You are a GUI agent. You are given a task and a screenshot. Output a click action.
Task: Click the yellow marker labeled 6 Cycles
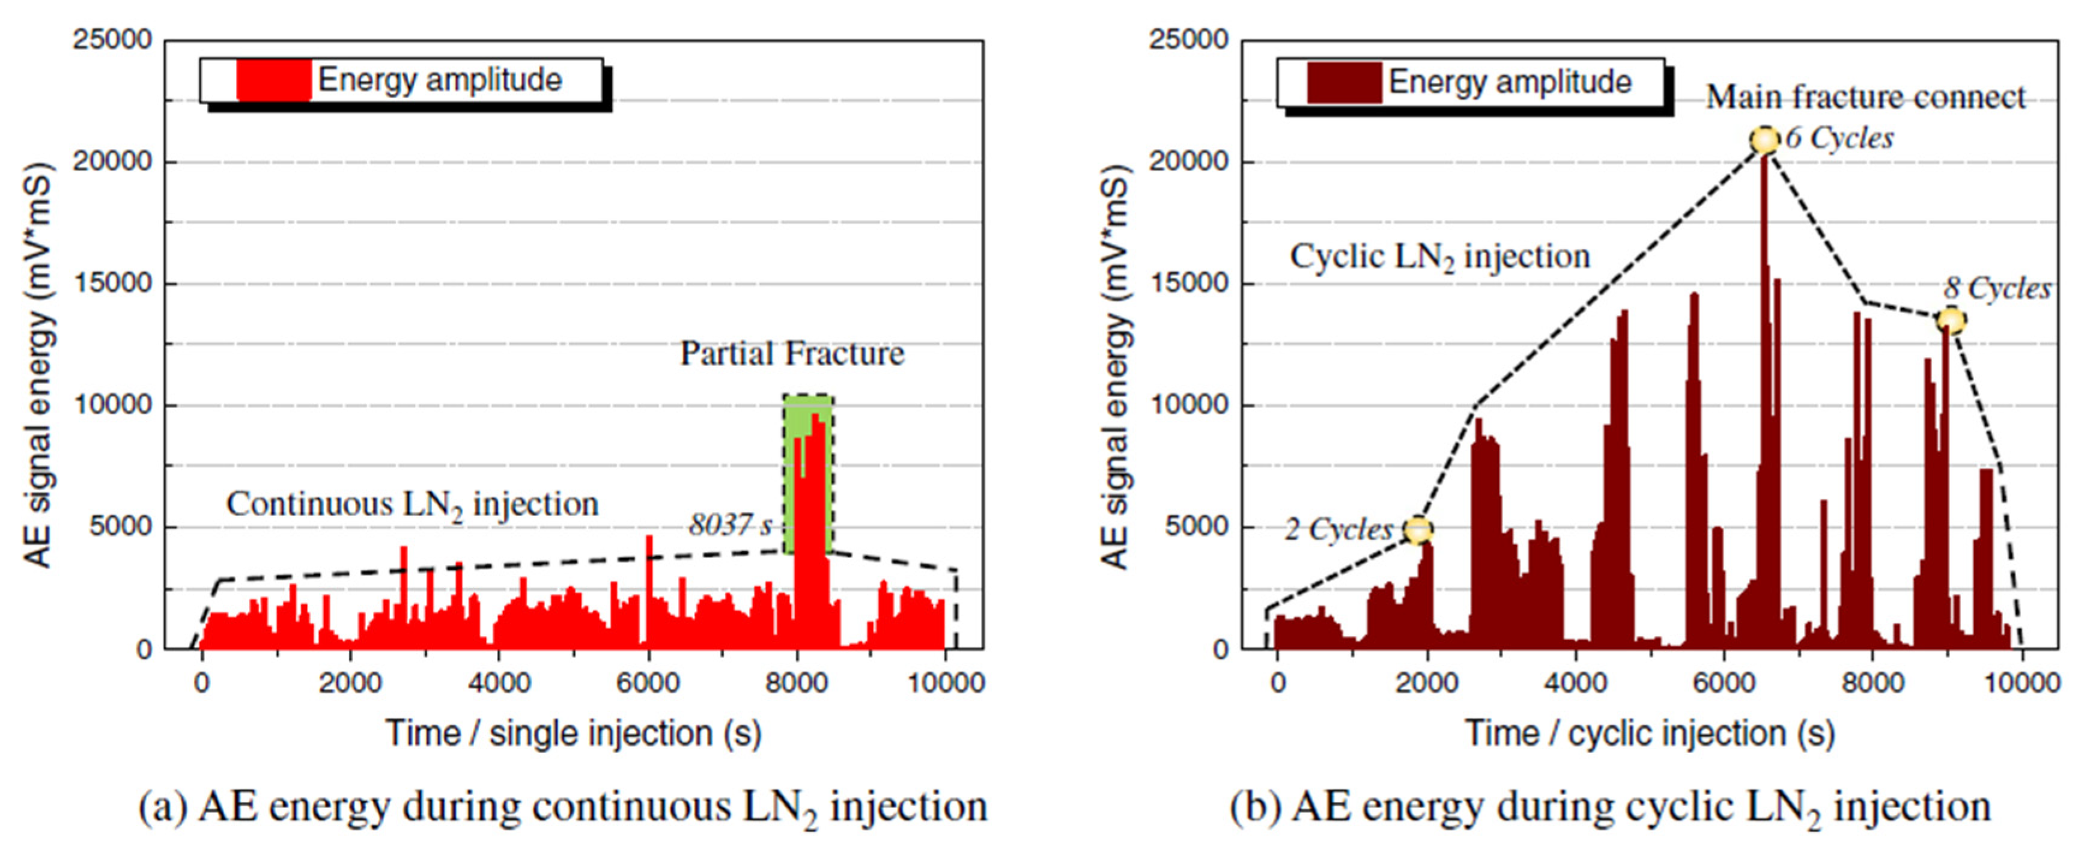click(1764, 140)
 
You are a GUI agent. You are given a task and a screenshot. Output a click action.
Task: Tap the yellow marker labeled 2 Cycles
click(1418, 531)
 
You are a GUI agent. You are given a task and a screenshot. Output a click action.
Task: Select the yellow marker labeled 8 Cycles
click(1951, 321)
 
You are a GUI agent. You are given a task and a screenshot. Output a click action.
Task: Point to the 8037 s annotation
click(729, 524)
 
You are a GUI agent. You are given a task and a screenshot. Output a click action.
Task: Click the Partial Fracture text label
click(792, 353)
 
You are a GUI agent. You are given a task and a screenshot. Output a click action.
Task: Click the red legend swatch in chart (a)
click(274, 80)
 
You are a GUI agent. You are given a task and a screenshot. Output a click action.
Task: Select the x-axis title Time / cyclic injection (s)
click(1650, 733)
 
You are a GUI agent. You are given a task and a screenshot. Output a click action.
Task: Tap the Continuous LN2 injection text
click(412, 505)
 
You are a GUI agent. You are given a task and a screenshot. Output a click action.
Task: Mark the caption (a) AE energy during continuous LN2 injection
click(563, 808)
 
